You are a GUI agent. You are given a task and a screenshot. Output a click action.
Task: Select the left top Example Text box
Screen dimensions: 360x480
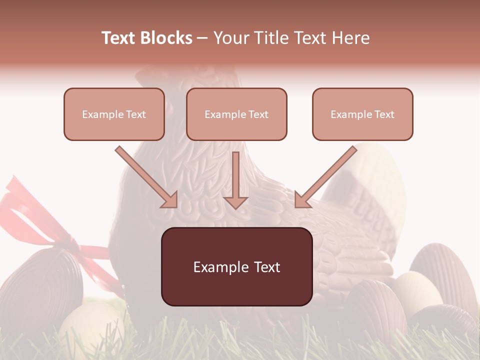(x=114, y=114)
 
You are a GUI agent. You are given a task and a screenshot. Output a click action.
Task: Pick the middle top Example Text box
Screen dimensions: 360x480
(x=236, y=114)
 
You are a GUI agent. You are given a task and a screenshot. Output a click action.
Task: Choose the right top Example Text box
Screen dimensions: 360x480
(x=362, y=114)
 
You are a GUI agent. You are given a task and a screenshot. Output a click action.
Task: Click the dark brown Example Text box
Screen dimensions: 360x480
(x=236, y=266)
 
